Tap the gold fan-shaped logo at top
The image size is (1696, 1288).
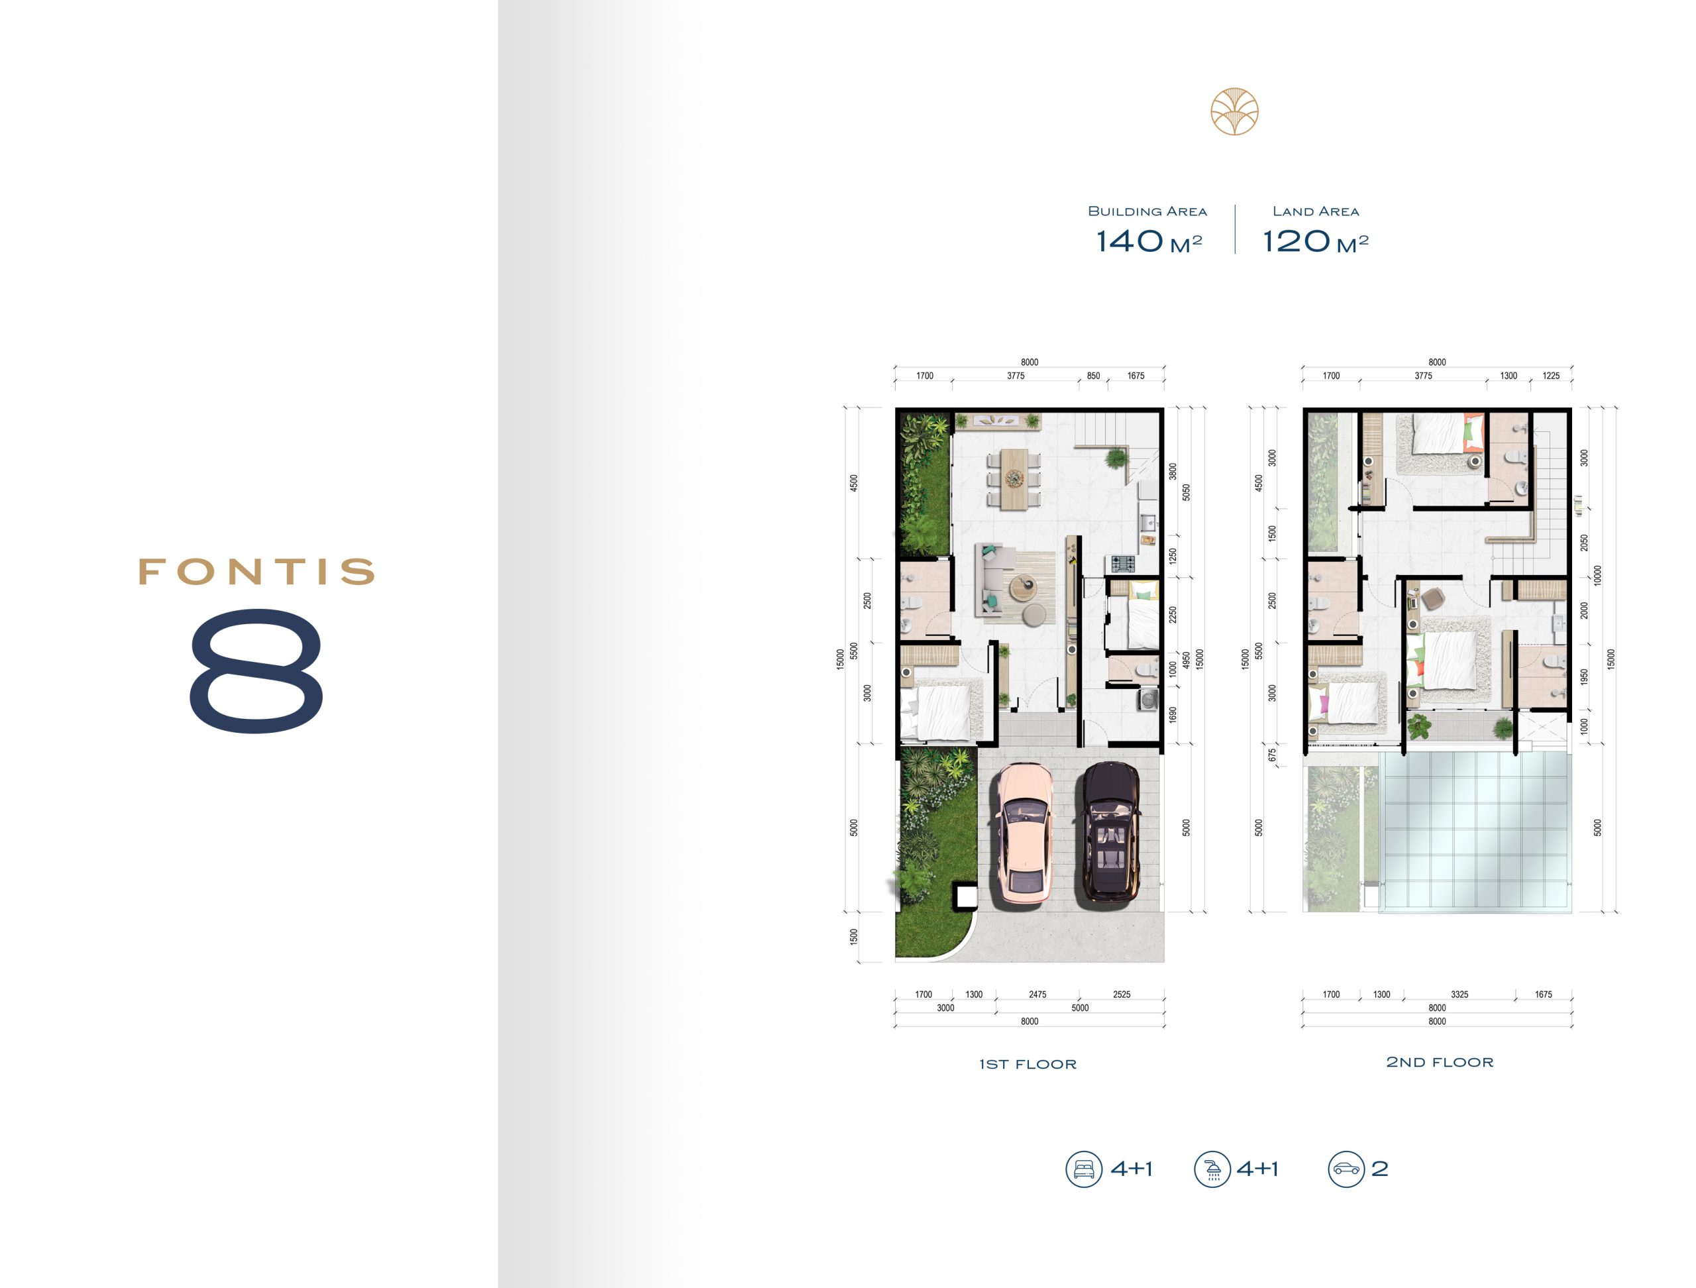(x=1234, y=112)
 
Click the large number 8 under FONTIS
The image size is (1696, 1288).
(x=256, y=669)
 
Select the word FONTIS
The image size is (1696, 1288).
(x=256, y=572)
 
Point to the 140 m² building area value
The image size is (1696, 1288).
(x=1149, y=241)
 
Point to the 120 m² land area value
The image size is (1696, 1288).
(x=1316, y=241)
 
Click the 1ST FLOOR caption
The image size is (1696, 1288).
(x=1028, y=1064)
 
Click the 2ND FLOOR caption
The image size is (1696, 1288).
(x=1440, y=1063)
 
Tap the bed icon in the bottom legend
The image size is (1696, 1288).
(x=1084, y=1169)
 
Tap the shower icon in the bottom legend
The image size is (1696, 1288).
(x=1212, y=1169)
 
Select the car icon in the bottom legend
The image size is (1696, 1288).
(x=1346, y=1169)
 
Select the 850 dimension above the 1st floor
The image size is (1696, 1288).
(x=1093, y=376)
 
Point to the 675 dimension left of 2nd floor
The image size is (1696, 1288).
(x=1273, y=755)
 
